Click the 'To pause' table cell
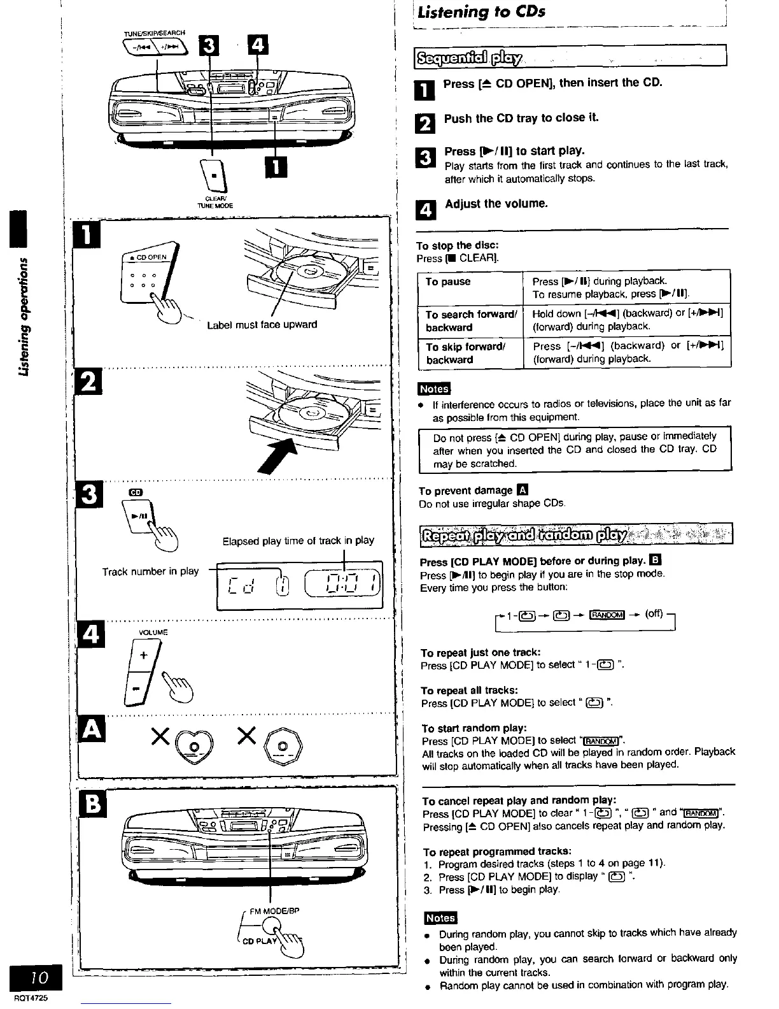(x=448, y=282)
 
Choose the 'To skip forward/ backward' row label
(x=465, y=353)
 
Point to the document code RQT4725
(x=26, y=999)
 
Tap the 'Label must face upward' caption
(x=262, y=325)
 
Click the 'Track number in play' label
(x=151, y=571)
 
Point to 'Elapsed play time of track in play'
(x=298, y=541)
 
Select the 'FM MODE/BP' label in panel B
(x=274, y=910)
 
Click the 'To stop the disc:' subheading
(x=457, y=246)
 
